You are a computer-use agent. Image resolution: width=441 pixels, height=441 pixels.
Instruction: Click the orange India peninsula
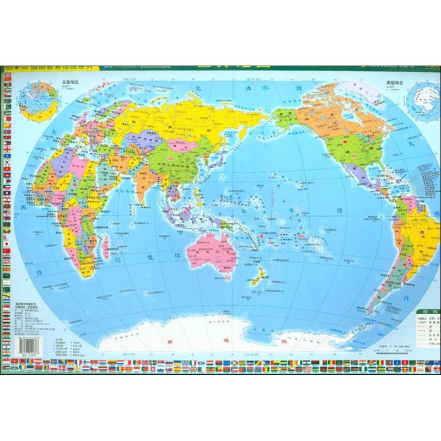click(x=144, y=190)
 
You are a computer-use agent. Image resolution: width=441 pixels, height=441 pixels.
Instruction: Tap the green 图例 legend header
click(x=427, y=311)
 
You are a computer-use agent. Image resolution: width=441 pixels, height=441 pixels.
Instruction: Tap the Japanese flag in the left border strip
click(x=6, y=243)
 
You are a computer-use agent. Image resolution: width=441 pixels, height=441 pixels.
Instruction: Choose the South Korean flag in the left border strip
click(x=6, y=163)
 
